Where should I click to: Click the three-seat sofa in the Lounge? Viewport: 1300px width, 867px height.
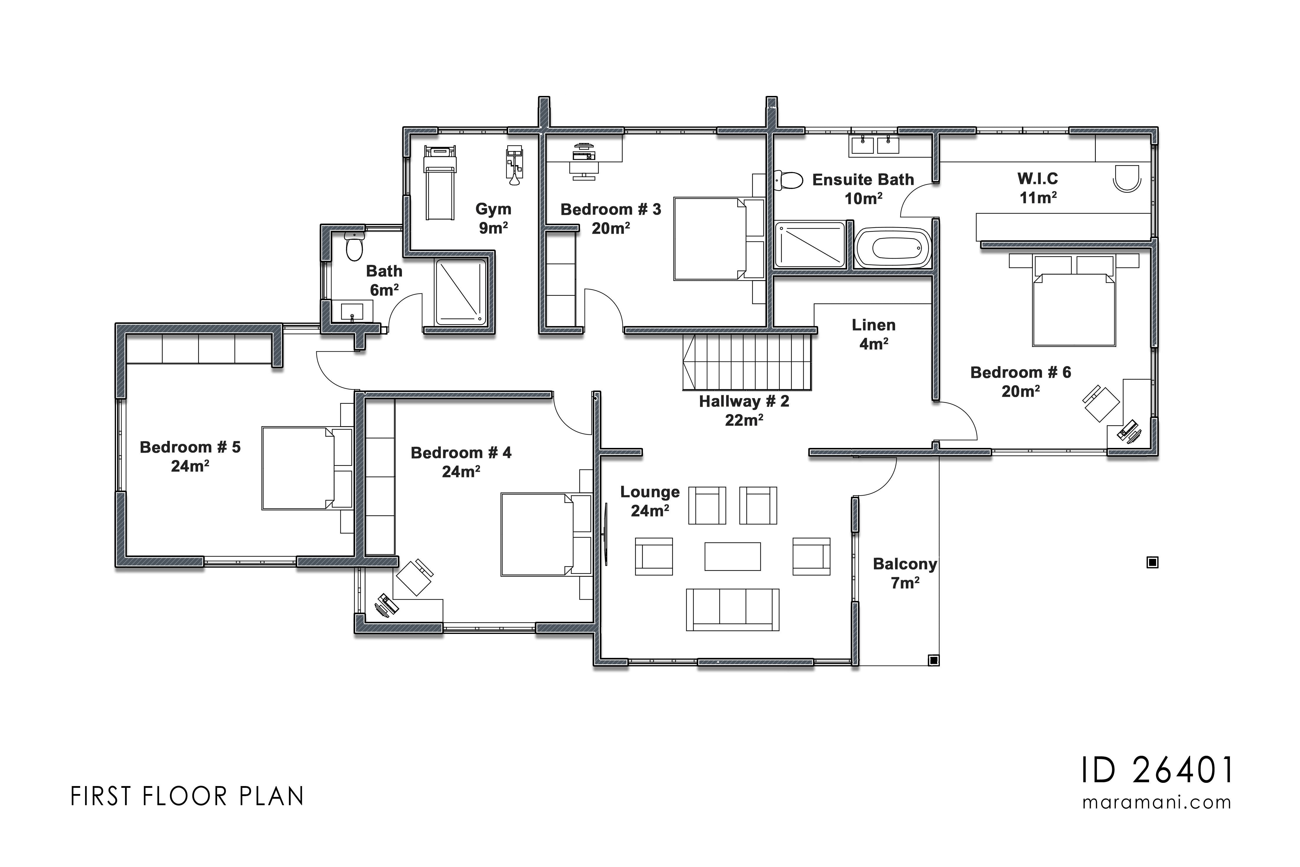click(732, 609)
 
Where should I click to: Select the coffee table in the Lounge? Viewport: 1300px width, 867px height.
click(732, 556)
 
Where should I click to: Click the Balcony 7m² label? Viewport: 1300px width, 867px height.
click(905, 573)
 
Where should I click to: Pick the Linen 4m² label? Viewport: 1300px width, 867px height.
click(873, 334)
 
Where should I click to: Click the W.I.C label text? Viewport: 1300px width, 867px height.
click(1038, 179)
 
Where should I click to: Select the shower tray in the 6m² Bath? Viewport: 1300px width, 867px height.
click(461, 292)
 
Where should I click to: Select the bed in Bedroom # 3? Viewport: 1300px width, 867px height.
click(713, 239)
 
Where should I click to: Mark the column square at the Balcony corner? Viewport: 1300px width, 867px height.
click(934, 660)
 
